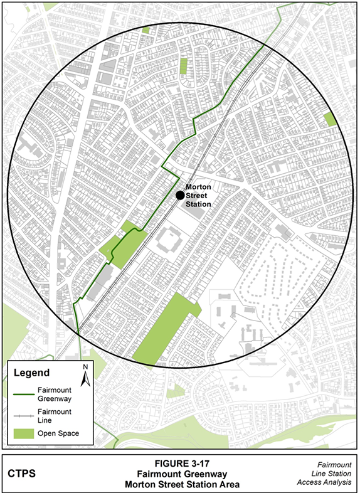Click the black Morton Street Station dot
[180, 195]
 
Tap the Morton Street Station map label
[198, 195]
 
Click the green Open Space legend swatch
[26, 433]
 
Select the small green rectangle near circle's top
[184, 66]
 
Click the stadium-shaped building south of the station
[168, 240]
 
